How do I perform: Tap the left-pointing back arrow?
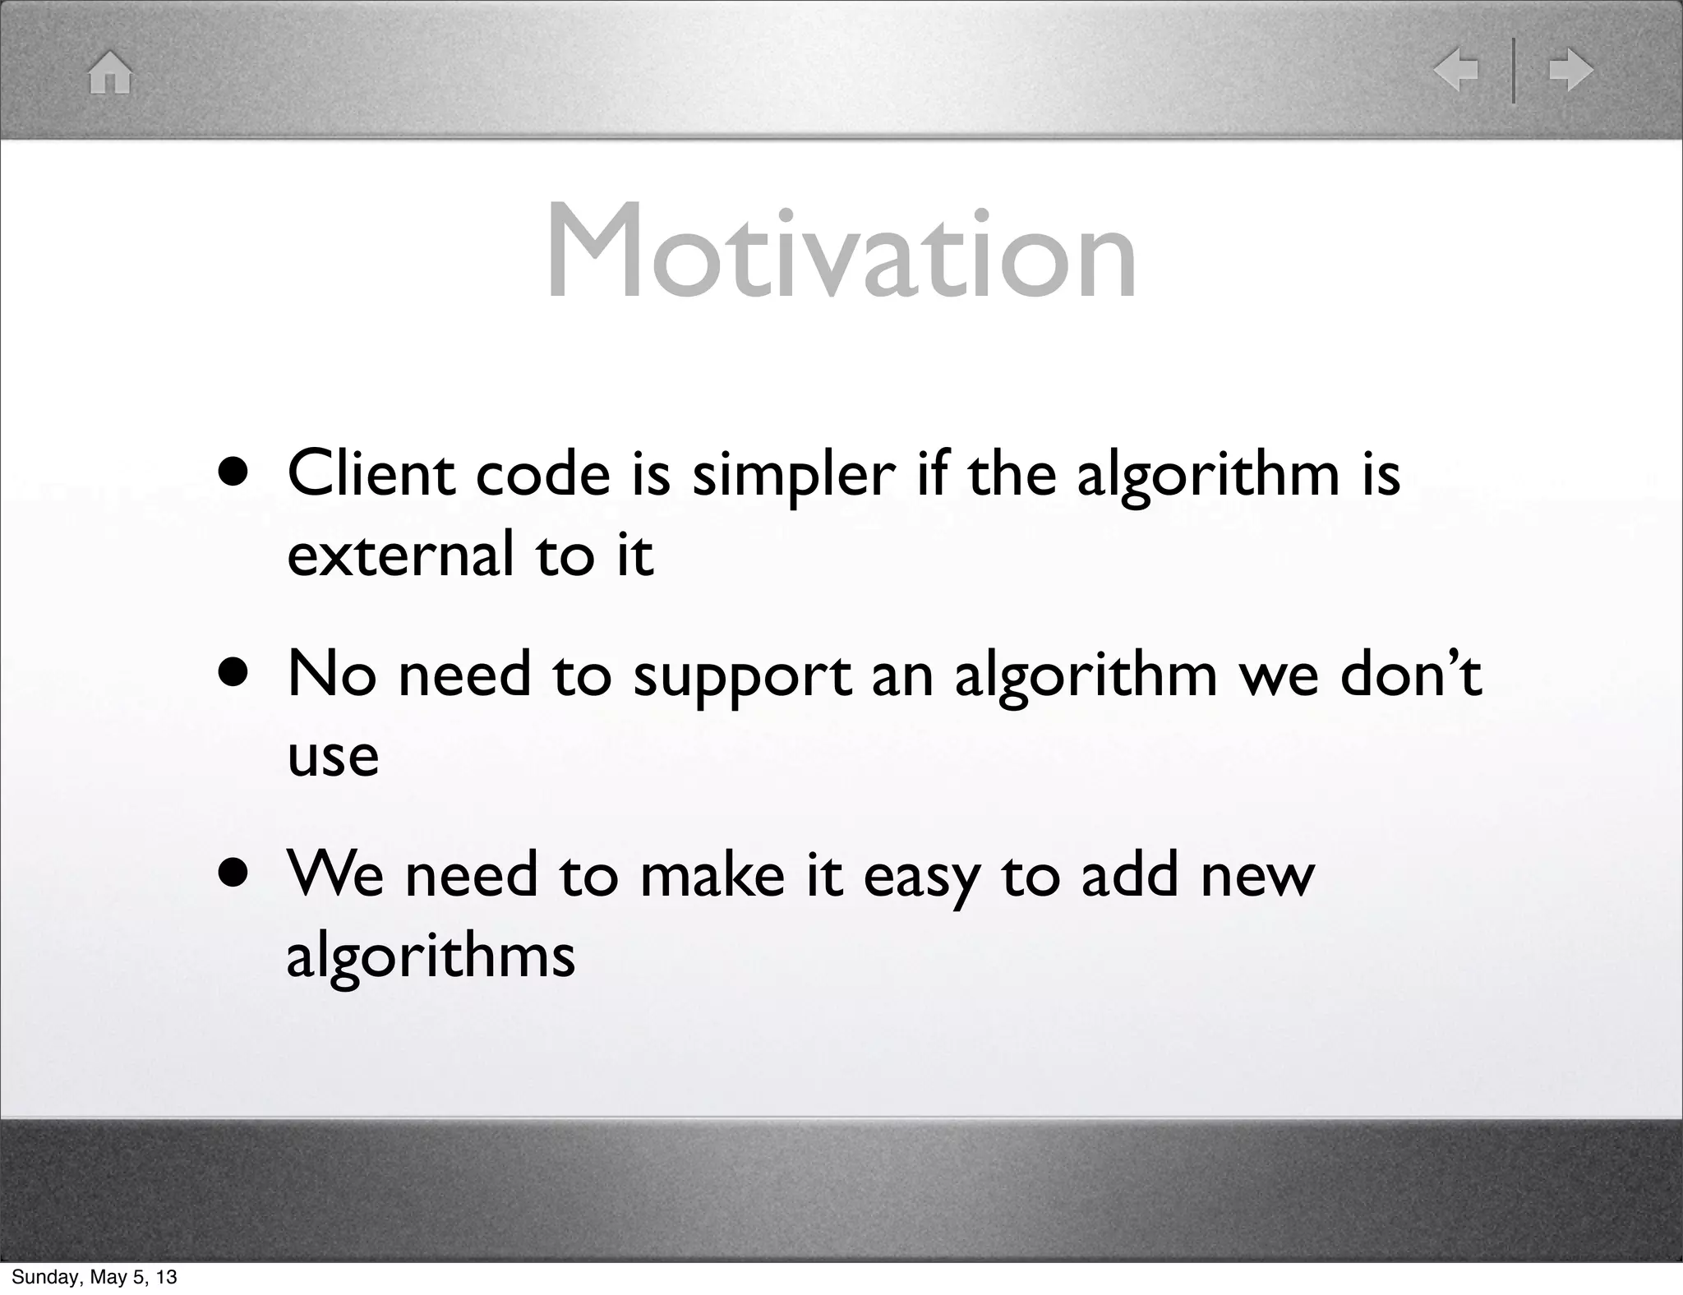1455,70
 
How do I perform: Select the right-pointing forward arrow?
1570,70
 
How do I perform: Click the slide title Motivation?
841,251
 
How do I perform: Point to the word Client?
371,474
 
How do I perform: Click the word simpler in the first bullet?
793,477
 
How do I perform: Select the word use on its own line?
333,756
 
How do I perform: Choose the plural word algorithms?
431,957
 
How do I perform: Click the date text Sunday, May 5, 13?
94,1277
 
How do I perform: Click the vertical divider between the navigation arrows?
1514,71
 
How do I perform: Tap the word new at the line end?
1257,876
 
